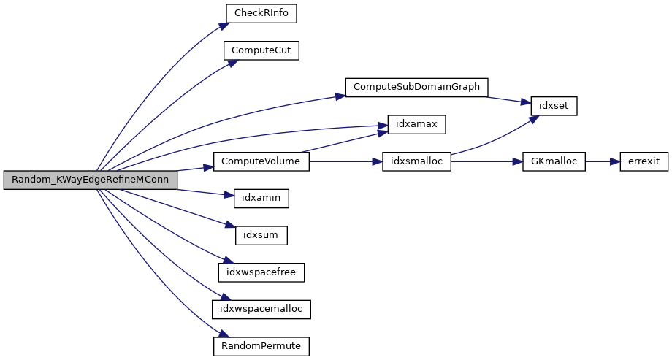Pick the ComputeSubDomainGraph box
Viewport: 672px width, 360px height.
[416, 87]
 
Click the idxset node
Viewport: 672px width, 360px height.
[554, 105]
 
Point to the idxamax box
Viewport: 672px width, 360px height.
[411, 124]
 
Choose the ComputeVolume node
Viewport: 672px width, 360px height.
[261, 161]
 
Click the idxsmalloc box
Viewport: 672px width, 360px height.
[416, 161]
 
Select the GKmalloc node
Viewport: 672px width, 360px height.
[554, 161]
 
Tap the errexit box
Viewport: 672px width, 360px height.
[644, 161]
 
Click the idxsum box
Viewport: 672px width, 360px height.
[261, 235]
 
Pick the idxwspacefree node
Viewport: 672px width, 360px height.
[261, 272]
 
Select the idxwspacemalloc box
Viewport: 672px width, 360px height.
[261, 309]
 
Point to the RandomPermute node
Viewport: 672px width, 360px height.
[261, 345]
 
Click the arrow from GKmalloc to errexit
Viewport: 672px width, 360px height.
[603, 161]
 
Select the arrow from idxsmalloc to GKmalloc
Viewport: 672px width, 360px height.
[486, 161]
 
